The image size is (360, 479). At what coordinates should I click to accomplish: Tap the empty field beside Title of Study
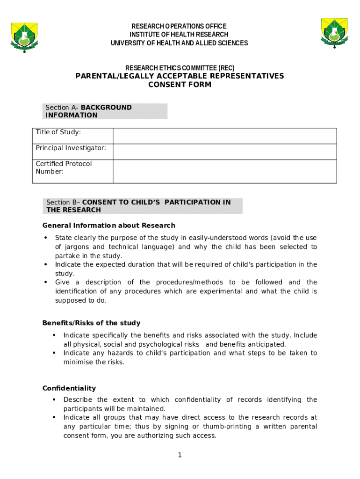click(224, 136)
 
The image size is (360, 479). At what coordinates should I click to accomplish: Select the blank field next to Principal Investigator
click(224, 152)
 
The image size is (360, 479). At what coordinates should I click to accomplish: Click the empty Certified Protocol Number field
click(224, 171)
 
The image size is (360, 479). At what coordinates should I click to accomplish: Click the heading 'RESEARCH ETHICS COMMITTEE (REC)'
click(180, 68)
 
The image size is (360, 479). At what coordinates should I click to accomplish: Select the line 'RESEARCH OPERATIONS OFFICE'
click(179, 26)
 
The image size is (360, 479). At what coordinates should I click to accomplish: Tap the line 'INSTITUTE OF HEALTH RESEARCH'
click(179, 35)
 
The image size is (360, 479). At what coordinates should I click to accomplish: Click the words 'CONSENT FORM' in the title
click(180, 85)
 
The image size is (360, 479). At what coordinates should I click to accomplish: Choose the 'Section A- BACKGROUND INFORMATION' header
click(104, 111)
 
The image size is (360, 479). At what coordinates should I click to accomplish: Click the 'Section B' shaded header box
click(142, 206)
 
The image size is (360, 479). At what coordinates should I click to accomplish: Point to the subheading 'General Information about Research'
click(109, 225)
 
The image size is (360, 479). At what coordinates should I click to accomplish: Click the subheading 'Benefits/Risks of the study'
click(91, 323)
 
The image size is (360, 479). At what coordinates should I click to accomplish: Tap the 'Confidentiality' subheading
click(69, 388)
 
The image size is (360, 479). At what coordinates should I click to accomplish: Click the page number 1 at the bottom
click(180, 456)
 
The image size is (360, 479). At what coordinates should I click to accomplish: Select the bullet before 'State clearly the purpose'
click(45, 238)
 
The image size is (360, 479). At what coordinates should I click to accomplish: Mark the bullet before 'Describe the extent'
click(54, 400)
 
